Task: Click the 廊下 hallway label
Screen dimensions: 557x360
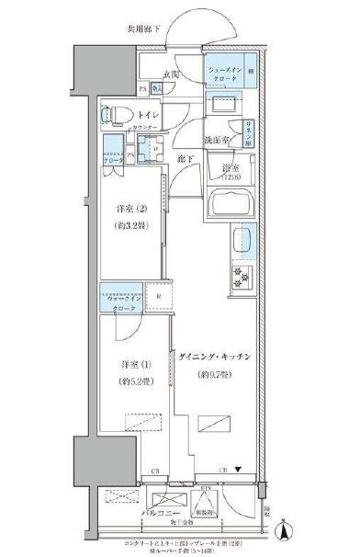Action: [x=185, y=159]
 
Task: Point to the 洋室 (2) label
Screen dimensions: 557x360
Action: [x=127, y=208]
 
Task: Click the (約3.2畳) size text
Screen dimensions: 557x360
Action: [x=127, y=223]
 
